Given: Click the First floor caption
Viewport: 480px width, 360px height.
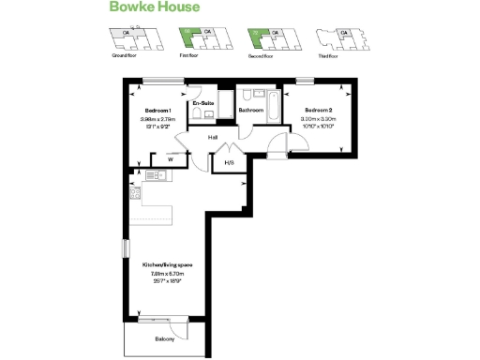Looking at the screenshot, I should (x=192, y=55).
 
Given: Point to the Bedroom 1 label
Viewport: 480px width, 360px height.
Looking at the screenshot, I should (x=155, y=110).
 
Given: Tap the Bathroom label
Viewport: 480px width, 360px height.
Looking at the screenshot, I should (x=250, y=111).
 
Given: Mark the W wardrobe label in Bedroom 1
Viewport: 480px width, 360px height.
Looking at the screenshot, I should (x=170, y=159).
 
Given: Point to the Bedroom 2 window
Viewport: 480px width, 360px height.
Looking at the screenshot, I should (x=303, y=81).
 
